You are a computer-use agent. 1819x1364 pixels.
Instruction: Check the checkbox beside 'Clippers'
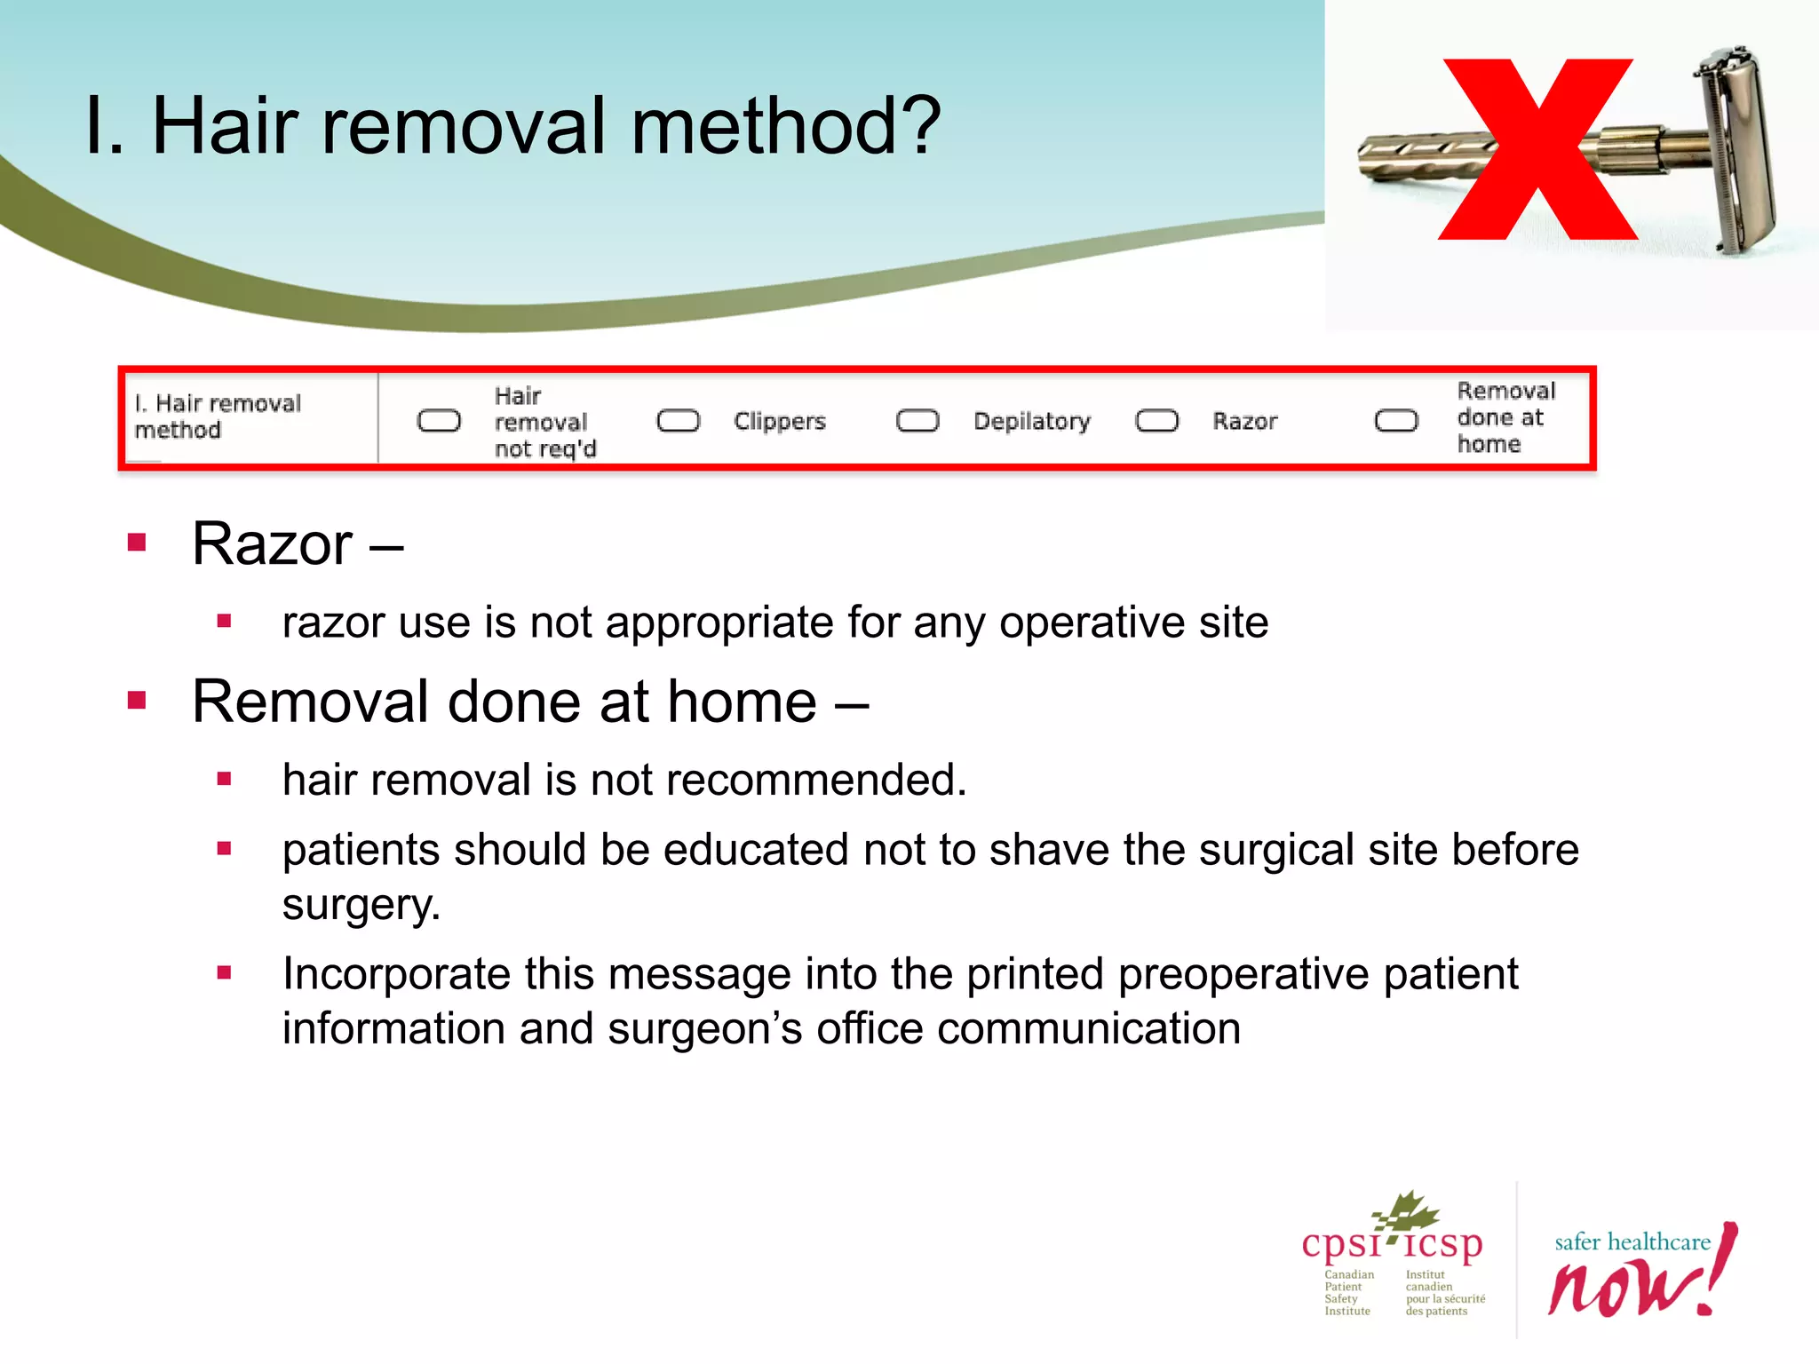[679, 421]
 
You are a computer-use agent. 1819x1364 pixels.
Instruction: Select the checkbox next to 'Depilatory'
[917, 421]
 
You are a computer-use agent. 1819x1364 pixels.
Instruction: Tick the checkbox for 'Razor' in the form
[1157, 421]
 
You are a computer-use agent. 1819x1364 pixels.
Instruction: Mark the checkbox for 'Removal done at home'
[1396, 421]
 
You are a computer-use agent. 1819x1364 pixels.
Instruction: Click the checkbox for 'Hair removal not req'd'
[439, 421]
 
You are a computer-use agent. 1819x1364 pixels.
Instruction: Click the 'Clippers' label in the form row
[779, 421]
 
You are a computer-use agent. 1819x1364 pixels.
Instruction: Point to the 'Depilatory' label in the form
[1031, 421]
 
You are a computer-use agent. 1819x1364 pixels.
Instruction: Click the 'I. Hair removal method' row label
[218, 416]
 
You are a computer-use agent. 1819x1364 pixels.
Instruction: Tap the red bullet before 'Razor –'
[137, 543]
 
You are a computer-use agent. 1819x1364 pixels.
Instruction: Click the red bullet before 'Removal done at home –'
[137, 701]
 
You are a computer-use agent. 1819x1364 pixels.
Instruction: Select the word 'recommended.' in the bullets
[815, 780]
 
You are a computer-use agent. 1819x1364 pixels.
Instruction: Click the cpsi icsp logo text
[1392, 1243]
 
